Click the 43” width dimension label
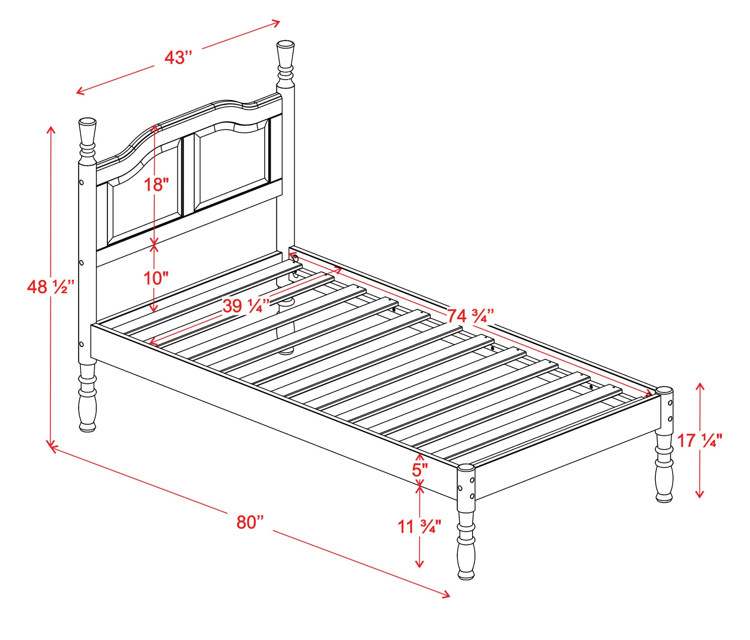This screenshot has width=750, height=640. click(178, 57)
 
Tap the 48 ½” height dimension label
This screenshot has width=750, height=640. click(51, 287)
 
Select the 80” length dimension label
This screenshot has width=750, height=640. click(250, 522)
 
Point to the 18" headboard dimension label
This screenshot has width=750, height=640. click(156, 185)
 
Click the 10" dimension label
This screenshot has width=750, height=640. click(156, 278)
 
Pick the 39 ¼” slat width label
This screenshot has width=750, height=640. click(246, 306)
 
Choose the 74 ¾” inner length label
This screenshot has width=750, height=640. click(470, 316)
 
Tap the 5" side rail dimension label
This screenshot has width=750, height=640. click(420, 470)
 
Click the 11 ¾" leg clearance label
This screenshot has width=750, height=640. click(419, 527)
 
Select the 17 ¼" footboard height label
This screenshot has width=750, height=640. click(700, 440)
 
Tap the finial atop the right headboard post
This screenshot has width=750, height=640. click(285, 63)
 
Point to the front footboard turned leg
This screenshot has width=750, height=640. click(466, 542)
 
